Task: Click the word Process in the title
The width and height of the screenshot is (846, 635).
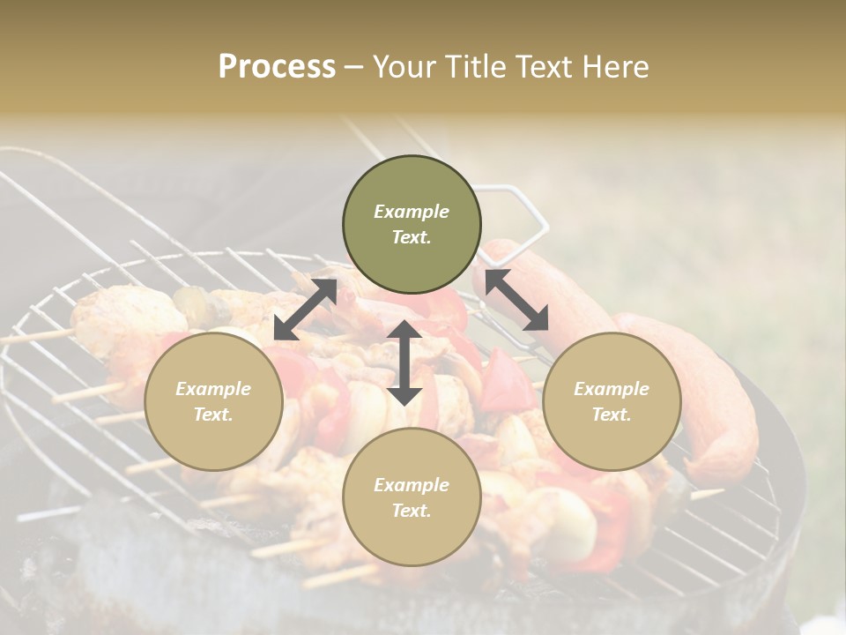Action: pyautogui.click(x=277, y=67)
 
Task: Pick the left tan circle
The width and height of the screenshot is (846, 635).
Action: pyautogui.click(x=213, y=402)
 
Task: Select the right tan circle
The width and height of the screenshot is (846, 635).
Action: pyautogui.click(x=612, y=402)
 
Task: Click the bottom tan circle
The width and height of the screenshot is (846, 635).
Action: pyautogui.click(x=412, y=497)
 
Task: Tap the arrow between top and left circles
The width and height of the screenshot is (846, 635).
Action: pyautogui.click(x=305, y=310)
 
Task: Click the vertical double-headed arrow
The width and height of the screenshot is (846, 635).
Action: pyautogui.click(x=404, y=362)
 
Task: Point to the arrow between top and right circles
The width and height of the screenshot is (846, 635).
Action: pyautogui.click(x=516, y=301)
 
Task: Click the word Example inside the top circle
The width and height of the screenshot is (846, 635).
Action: pyautogui.click(x=412, y=212)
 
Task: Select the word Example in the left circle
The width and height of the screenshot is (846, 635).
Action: pyautogui.click(x=213, y=389)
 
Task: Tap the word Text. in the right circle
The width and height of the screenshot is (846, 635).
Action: pyautogui.click(x=612, y=415)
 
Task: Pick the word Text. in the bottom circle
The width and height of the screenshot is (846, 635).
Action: pyautogui.click(x=412, y=511)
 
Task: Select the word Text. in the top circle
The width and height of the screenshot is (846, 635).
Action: pyautogui.click(x=412, y=237)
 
